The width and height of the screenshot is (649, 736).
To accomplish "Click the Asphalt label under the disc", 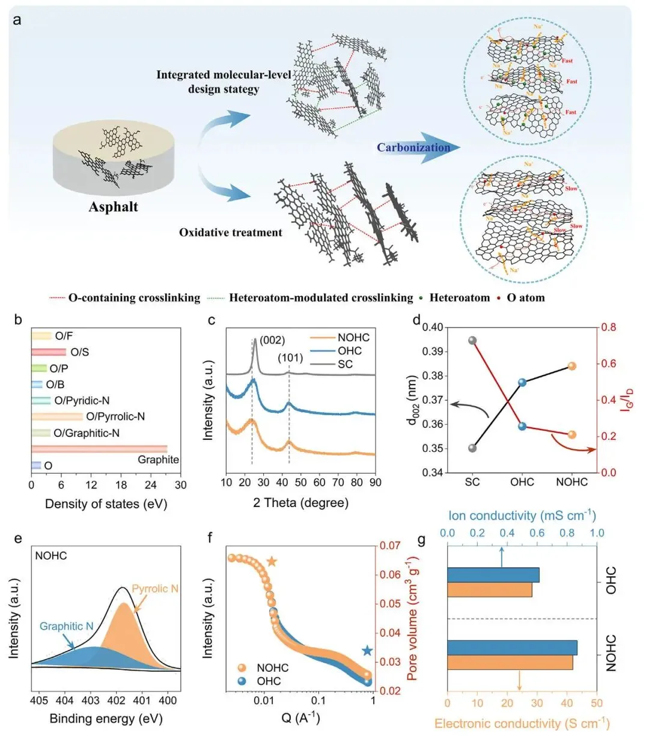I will (x=113, y=207).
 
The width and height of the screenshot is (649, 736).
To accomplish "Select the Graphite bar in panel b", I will (x=99, y=449).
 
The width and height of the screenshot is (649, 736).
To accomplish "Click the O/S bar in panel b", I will (x=49, y=352).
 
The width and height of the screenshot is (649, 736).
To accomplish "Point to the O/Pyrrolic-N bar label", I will (x=115, y=416).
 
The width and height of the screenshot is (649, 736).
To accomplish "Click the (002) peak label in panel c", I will (x=272, y=340).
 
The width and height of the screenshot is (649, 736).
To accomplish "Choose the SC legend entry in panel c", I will (x=345, y=364).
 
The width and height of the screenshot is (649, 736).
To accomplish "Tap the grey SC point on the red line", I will (x=472, y=341).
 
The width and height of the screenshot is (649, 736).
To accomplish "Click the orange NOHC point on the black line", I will (x=571, y=366).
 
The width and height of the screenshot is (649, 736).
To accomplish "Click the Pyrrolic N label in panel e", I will (x=155, y=589).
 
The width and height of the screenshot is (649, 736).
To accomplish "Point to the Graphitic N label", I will (x=66, y=626).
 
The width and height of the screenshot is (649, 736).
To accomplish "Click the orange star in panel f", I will (x=272, y=562).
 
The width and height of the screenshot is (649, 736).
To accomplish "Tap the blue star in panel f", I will (x=367, y=651).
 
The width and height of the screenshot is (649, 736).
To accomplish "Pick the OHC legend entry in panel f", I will (x=269, y=681).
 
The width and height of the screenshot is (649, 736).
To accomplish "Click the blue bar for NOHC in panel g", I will (x=512, y=648).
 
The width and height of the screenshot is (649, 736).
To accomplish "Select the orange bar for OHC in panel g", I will (x=490, y=590).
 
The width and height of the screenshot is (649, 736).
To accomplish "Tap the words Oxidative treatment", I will (x=231, y=233).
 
